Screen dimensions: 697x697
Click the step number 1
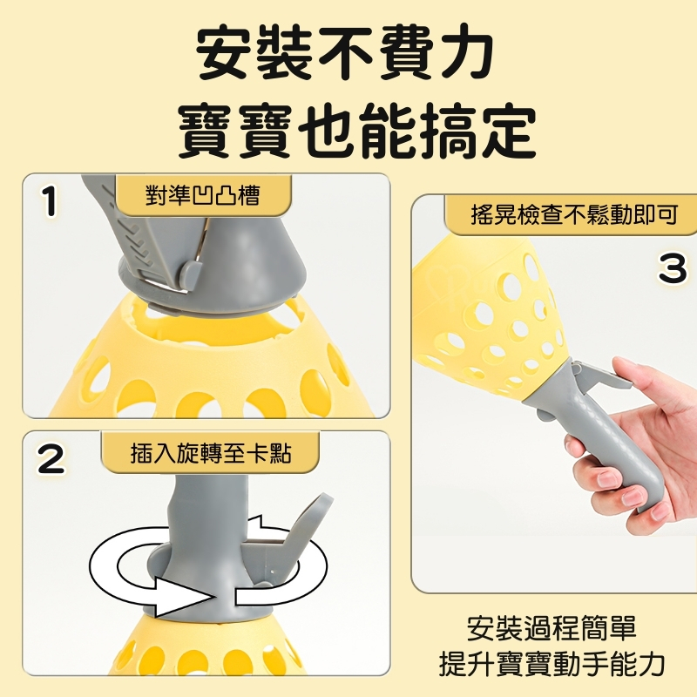51,201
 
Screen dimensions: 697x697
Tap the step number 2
51,459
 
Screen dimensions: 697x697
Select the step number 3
673,268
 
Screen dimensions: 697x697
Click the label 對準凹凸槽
202,195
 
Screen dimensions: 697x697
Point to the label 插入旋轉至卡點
211,454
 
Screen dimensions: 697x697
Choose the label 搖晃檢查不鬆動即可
574,214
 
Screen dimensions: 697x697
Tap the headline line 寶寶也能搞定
357,130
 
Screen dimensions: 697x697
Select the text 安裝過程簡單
552,628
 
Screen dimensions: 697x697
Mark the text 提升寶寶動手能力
552,664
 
